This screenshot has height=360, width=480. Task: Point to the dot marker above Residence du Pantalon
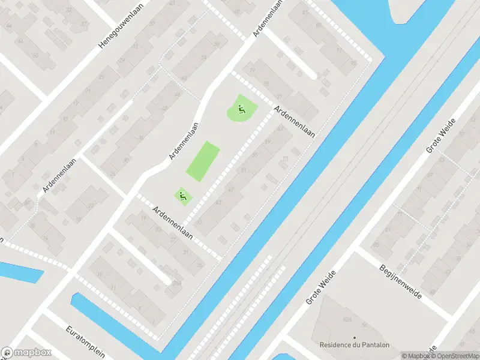pos(353,338)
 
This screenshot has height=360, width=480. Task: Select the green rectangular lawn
pos(203,161)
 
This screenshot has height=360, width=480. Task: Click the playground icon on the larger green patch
pos(241,109)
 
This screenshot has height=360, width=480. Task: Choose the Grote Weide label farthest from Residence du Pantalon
pos(441,135)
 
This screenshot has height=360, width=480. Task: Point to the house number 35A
pos(176,282)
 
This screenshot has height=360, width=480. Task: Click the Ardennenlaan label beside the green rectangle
pos(184,141)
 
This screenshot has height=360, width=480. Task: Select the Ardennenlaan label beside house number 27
pos(172,223)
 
